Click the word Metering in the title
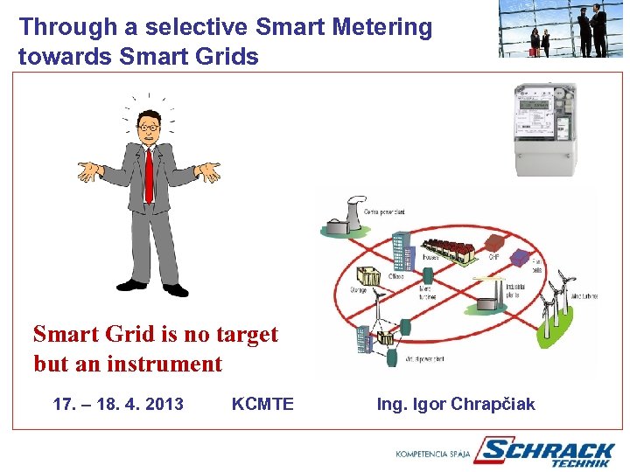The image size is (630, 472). pyautogui.click(x=381, y=28)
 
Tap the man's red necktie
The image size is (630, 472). pyautogui.click(x=149, y=175)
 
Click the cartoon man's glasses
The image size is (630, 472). pyautogui.click(x=149, y=128)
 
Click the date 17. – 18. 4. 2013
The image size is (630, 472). pyautogui.click(x=118, y=404)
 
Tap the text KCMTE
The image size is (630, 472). pyautogui.click(x=262, y=404)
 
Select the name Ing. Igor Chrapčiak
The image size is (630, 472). pyautogui.click(x=456, y=404)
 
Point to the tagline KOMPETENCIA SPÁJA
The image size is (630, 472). pyautogui.click(x=433, y=454)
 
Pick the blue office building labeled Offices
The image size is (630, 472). pyautogui.click(x=402, y=250)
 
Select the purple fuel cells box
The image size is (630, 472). pyautogui.click(x=520, y=258)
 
